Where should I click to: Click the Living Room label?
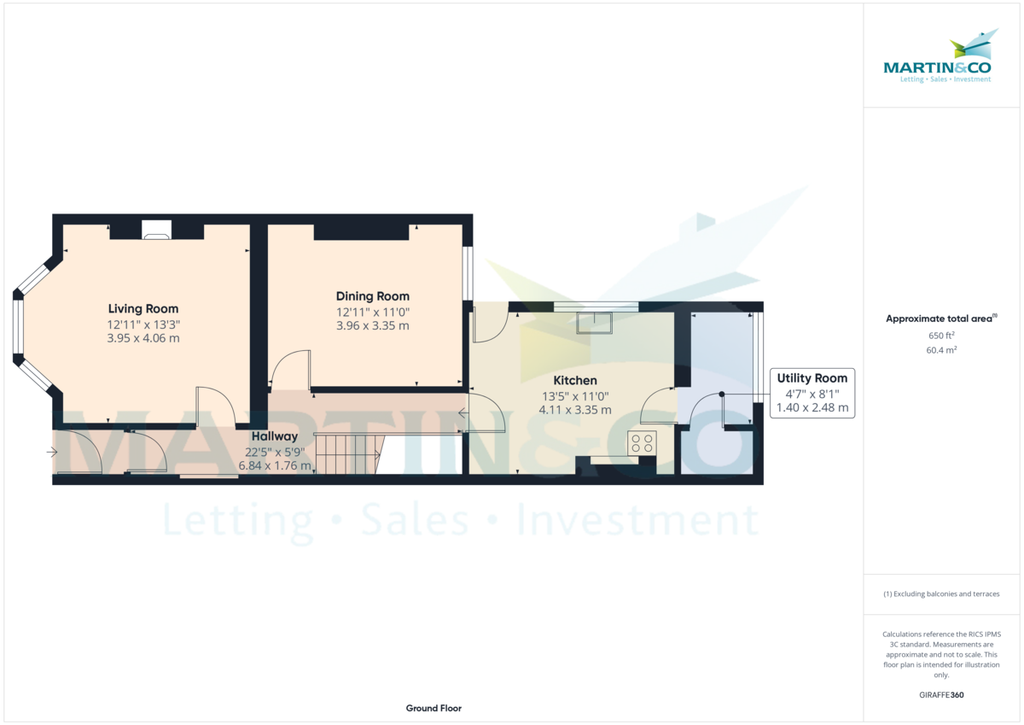tap(143, 309)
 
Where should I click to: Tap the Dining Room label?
tap(373, 296)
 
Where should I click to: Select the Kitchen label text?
tap(575, 381)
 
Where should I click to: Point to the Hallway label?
tap(274, 436)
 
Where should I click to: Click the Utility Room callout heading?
tap(812, 378)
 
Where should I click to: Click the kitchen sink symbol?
tap(594, 323)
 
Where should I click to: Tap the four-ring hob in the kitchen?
tap(642, 443)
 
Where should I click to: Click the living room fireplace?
tap(156, 230)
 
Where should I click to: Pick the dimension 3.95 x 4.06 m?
tap(143, 338)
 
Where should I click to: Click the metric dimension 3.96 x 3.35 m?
tap(373, 325)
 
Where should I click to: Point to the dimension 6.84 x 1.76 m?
tap(274, 465)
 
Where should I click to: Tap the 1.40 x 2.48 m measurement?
tap(812, 407)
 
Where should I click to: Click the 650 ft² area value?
tap(941, 336)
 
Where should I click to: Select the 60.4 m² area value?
tap(941, 350)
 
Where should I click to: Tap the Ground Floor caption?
tap(433, 708)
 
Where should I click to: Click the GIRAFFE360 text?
tap(941, 695)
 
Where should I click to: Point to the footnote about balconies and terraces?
tap(941, 593)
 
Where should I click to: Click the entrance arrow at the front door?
tap(52, 453)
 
